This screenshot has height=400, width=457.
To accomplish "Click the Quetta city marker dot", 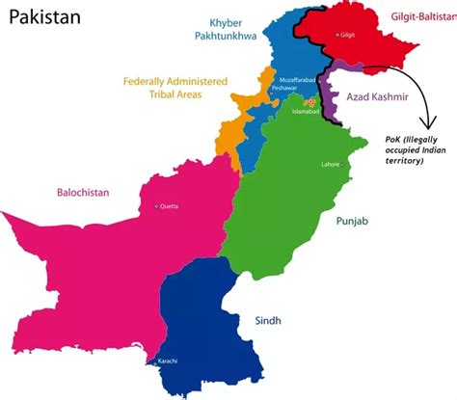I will (x=156, y=206).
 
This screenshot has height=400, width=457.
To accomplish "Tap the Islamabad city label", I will (x=306, y=111).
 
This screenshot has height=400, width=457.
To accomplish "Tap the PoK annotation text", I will (x=409, y=148).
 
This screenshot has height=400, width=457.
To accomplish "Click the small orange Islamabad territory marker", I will (x=310, y=100).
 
